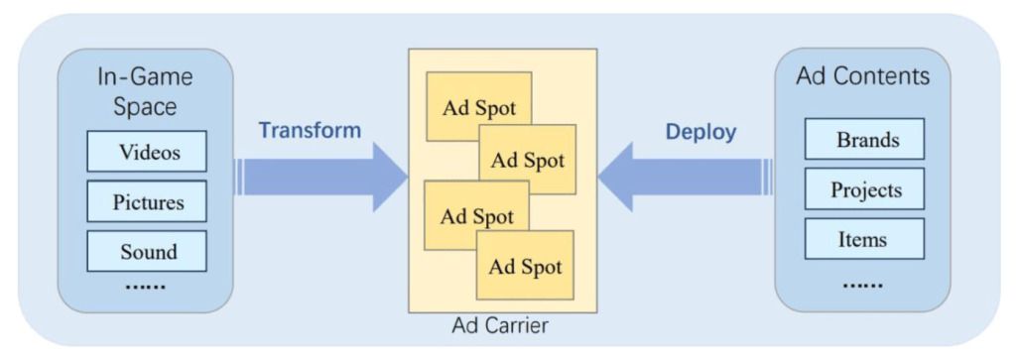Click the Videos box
(x=147, y=151)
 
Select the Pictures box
(x=147, y=201)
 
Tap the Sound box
(x=147, y=251)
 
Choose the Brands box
(x=864, y=139)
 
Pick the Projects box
(x=864, y=189)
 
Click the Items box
(x=864, y=239)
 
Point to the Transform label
(x=310, y=130)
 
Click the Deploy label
(x=701, y=132)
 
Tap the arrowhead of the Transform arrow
(x=390, y=177)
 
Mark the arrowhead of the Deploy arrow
(x=615, y=177)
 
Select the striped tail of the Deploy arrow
(x=768, y=177)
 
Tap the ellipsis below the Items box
(x=863, y=285)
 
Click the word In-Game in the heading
(x=145, y=77)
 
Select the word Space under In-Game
(x=145, y=107)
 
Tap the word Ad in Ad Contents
(x=811, y=76)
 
